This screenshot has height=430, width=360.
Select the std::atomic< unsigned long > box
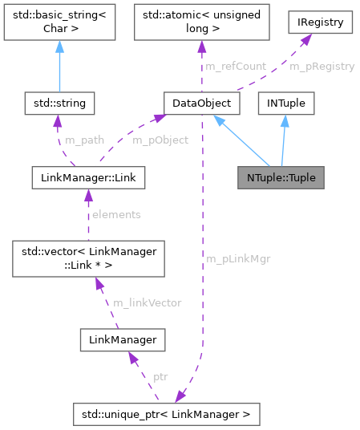click(196, 25)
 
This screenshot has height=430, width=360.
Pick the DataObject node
click(196, 103)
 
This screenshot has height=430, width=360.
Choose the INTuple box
click(286, 103)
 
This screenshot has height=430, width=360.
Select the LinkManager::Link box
click(87, 177)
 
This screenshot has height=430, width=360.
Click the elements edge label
click(115, 214)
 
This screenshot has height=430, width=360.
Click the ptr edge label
click(160, 375)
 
